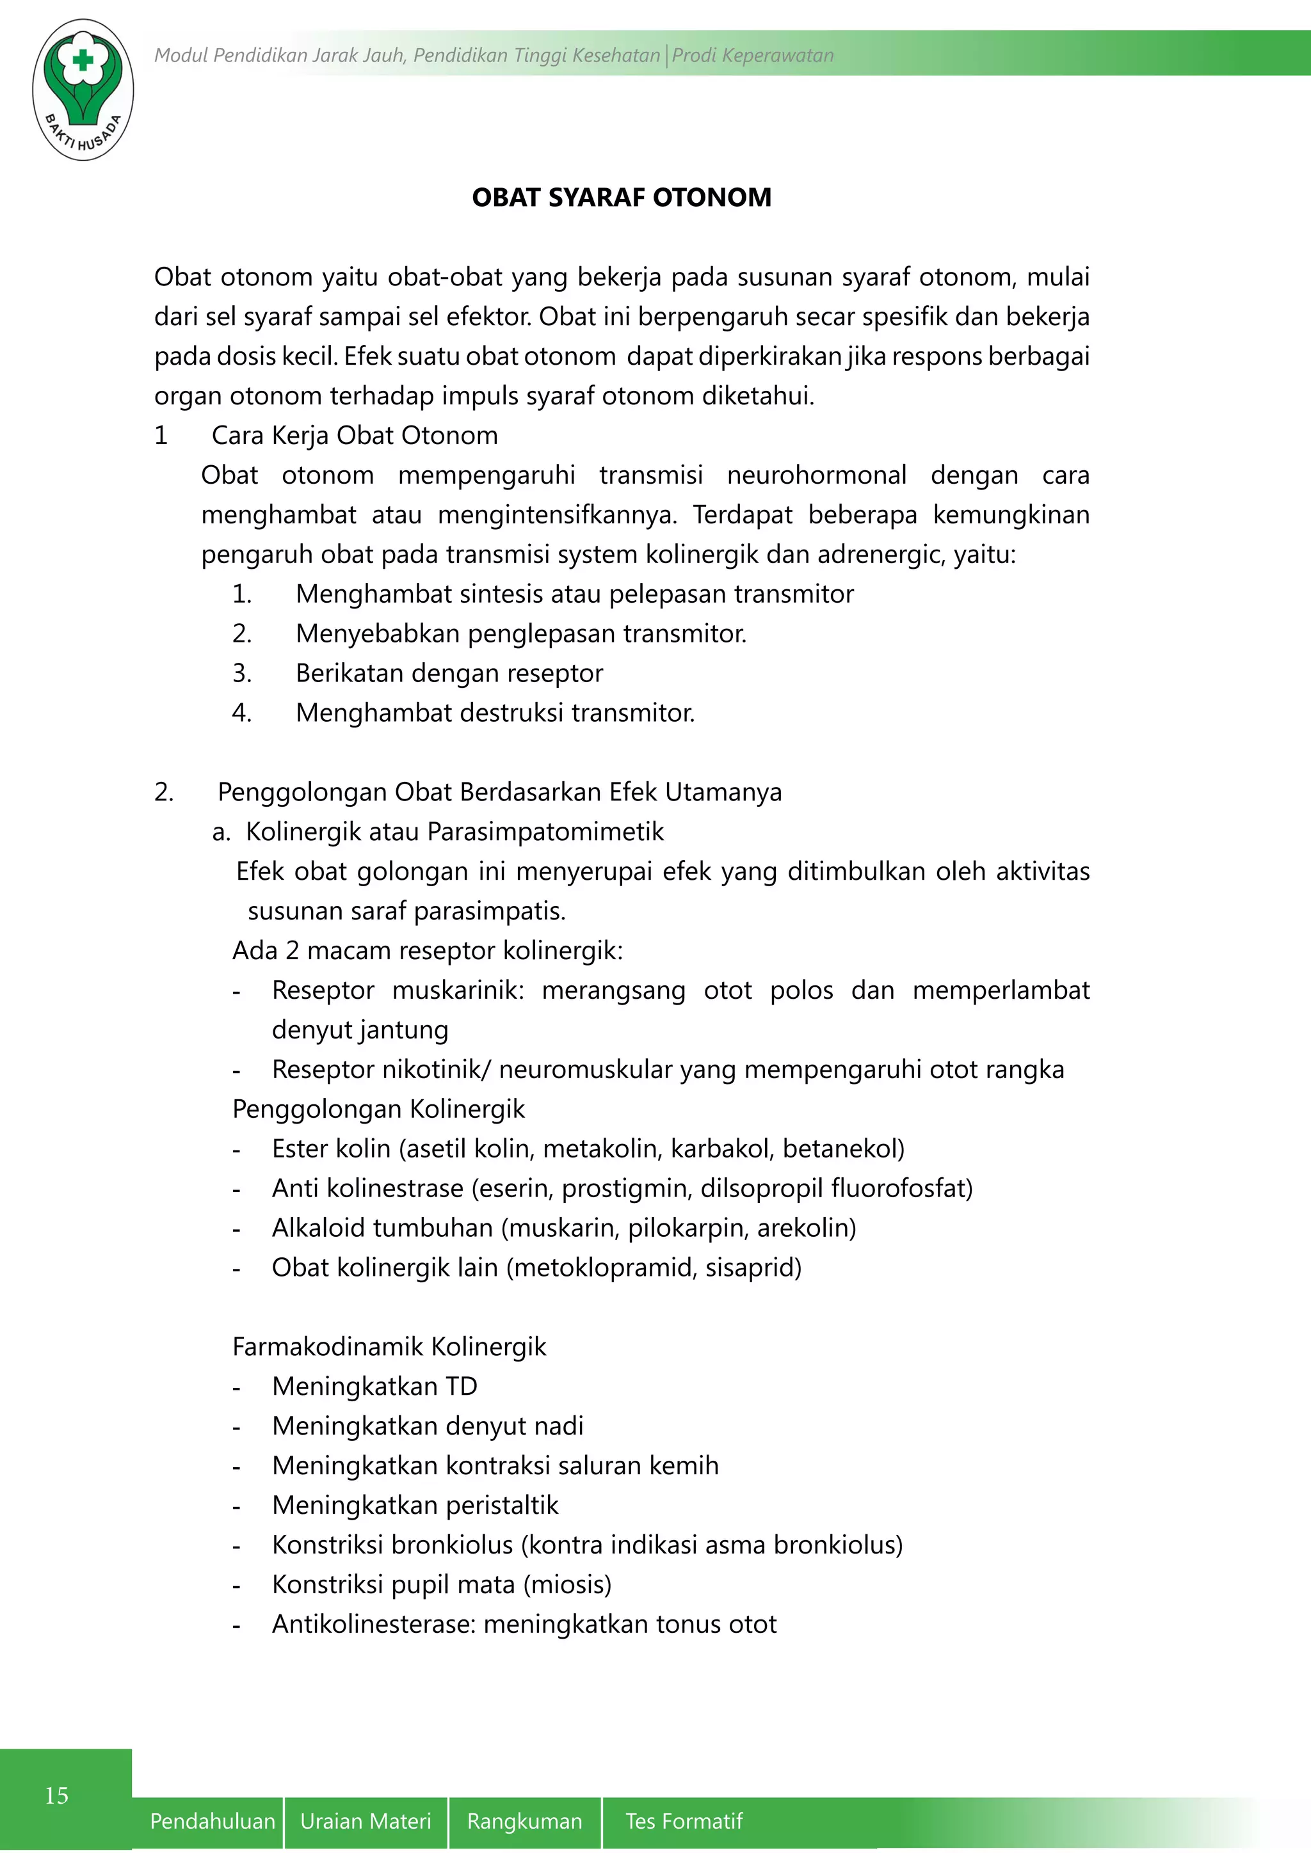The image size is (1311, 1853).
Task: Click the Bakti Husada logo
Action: pos(83,90)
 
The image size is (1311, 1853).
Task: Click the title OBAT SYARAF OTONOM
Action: pos(621,198)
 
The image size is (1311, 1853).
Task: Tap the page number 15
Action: pos(56,1795)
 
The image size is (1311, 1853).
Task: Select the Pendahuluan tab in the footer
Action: pos(213,1821)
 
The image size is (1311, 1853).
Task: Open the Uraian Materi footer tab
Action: pos(366,1821)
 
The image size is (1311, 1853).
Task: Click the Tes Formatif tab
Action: pos(684,1821)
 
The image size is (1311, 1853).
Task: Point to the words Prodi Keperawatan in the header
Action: pos(752,56)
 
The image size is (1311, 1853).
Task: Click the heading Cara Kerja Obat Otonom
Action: pos(355,436)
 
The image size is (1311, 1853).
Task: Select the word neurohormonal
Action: pos(816,475)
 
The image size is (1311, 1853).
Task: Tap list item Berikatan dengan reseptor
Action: pos(449,673)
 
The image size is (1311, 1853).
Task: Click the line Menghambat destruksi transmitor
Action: pos(495,713)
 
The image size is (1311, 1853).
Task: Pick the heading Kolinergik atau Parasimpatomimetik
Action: pos(454,831)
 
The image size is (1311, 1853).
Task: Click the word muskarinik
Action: pos(458,990)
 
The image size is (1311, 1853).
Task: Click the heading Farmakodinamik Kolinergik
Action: pos(389,1346)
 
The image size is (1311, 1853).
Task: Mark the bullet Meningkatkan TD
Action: pos(374,1386)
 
